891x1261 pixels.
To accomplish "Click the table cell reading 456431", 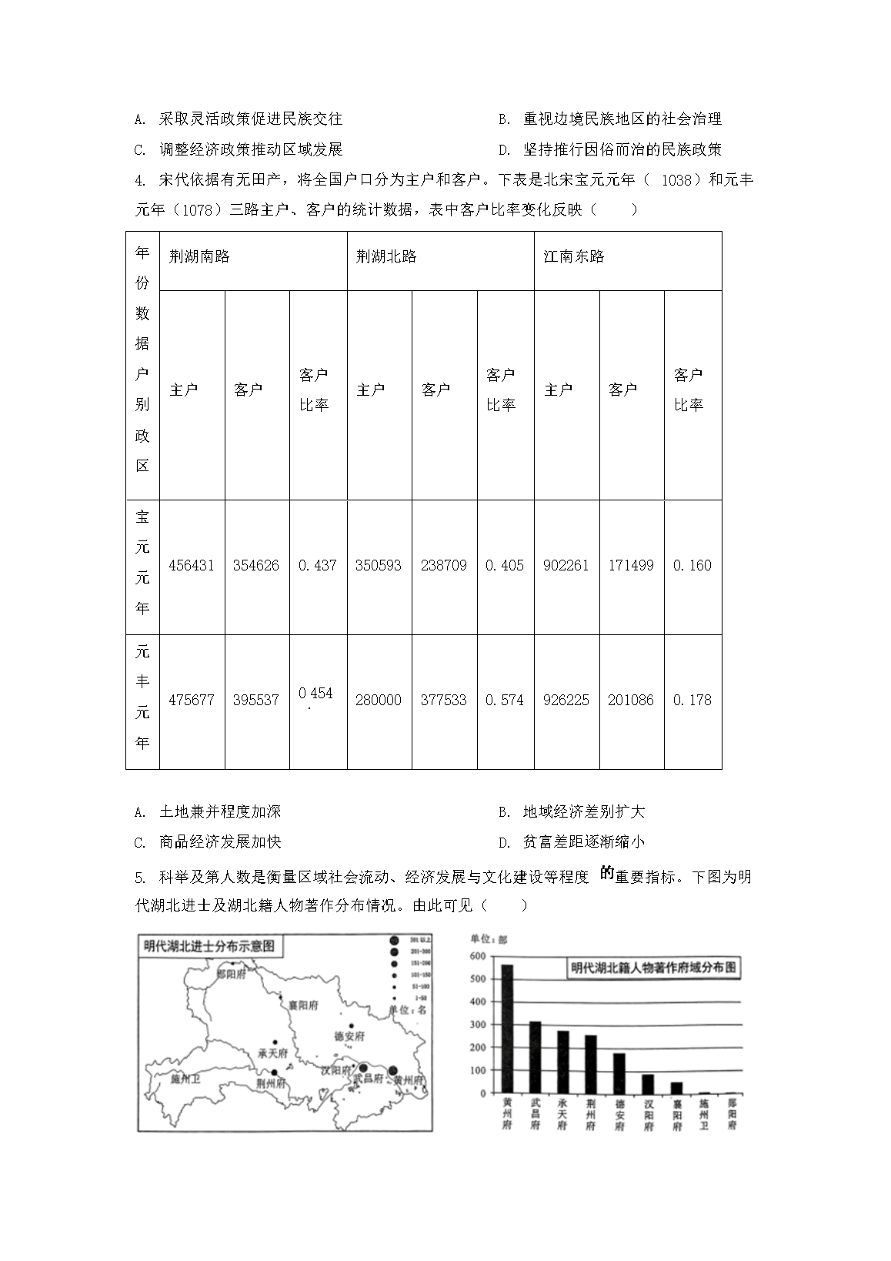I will click(192, 565).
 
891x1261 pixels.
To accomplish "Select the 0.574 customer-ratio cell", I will click(505, 700).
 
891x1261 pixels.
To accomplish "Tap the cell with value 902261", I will click(566, 565).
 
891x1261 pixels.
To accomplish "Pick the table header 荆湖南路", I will click(200, 257).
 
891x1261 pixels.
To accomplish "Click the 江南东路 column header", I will click(574, 257).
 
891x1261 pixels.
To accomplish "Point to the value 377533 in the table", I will click(444, 700).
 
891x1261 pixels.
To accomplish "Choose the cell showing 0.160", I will click(692, 565).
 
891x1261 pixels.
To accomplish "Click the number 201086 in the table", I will click(631, 700).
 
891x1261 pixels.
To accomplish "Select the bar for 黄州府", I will click(508, 1029).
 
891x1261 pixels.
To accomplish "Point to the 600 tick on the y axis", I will click(477, 956).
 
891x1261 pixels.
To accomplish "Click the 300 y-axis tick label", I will click(477, 1025).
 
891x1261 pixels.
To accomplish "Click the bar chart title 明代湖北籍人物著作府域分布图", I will click(653, 968).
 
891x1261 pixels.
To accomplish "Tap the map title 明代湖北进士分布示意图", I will click(209, 946).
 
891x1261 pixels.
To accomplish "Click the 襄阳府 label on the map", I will click(303, 1005).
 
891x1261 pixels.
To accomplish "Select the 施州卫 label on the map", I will click(185, 1079).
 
